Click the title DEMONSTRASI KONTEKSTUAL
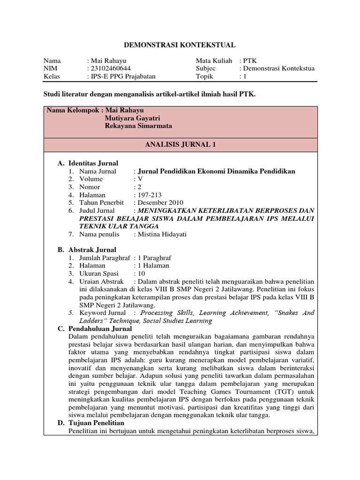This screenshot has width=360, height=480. click(x=180, y=45)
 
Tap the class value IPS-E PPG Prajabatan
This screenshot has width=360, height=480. click(x=123, y=76)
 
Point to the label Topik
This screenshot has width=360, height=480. click(x=205, y=76)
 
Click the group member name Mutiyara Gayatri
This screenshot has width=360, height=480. click(x=135, y=118)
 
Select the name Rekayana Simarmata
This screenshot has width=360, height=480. click(x=138, y=127)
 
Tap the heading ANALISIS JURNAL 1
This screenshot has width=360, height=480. click(x=180, y=145)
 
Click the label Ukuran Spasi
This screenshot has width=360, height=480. click(x=99, y=273)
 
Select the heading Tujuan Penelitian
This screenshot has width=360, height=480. click(x=96, y=423)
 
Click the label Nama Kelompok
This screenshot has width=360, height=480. click(x=74, y=110)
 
